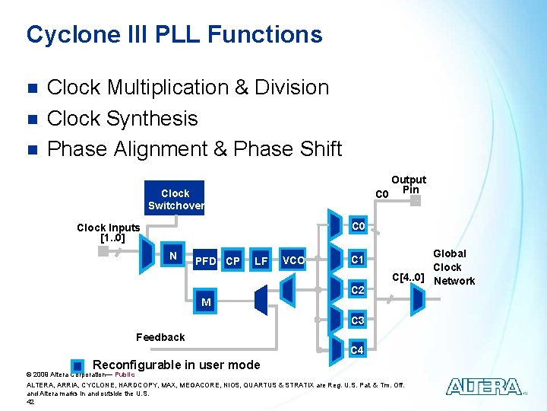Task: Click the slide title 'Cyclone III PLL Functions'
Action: [174, 34]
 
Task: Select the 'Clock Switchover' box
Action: [175, 199]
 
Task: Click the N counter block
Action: [173, 256]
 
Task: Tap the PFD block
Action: [205, 262]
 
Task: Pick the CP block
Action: [233, 262]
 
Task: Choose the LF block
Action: [261, 262]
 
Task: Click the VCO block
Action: [293, 261]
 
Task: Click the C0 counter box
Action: [358, 227]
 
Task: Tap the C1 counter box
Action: [358, 260]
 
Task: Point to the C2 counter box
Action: [358, 290]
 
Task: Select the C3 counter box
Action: [358, 320]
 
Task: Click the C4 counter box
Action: [358, 351]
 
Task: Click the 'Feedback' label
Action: [160, 337]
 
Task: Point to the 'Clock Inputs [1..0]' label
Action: [109, 233]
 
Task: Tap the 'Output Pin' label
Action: [409, 184]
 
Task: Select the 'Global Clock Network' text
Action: [453, 267]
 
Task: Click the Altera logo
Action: [484, 387]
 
